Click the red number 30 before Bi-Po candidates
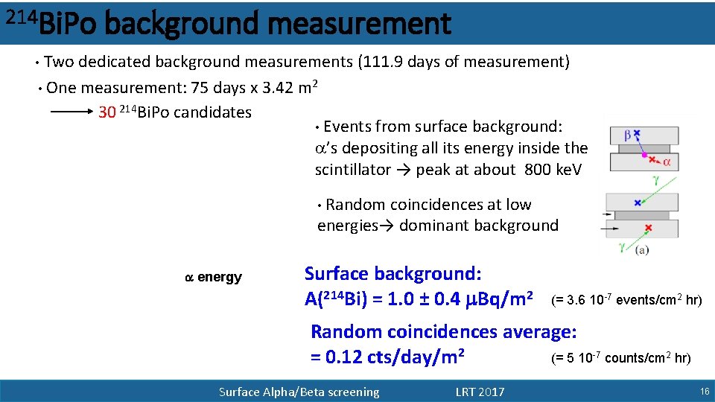pos(107,112)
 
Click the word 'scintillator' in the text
pos(352,170)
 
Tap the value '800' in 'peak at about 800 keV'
pos(538,170)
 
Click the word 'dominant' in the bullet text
pos(435,226)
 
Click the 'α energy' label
pos(213,278)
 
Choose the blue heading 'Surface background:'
pos(393,274)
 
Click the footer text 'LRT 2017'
pos(480,392)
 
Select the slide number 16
pos(704,392)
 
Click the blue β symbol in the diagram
pos(617,135)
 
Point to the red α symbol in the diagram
pos(667,161)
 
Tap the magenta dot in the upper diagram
pos(644,149)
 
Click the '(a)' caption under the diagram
pos(641,251)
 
